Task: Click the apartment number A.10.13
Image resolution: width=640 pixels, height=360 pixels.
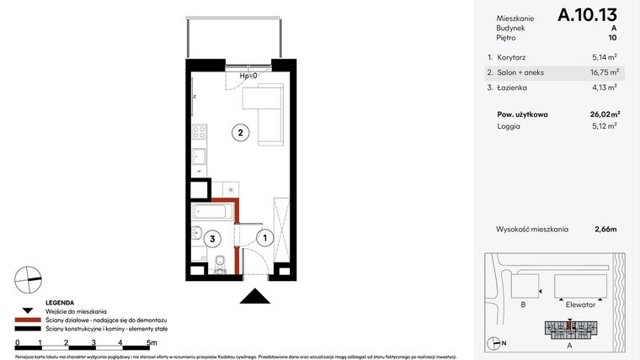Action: [x=588, y=15]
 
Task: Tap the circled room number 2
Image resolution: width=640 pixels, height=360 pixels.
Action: [x=240, y=132]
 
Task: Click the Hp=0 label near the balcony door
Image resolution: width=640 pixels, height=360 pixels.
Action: [x=248, y=77]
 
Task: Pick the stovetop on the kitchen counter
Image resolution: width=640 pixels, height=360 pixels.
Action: [x=200, y=131]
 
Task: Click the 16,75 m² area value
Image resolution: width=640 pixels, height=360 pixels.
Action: [x=604, y=72]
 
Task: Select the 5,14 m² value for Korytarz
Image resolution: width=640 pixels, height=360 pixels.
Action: [x=604, y=58]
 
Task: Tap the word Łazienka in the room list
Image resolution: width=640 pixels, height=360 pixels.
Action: [x=515, y=87]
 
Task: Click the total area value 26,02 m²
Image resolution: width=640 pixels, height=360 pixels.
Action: [x=604, y=114]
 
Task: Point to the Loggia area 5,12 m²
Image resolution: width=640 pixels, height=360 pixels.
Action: [x=604, y=126]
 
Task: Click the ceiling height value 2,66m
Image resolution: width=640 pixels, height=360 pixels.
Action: [x=606, y=229]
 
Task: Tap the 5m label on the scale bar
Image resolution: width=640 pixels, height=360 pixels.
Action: [x=151, y=343]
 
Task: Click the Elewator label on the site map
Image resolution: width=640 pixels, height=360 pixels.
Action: [x=579, y=305]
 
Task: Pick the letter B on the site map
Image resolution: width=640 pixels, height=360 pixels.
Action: [x=524, y=305]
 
